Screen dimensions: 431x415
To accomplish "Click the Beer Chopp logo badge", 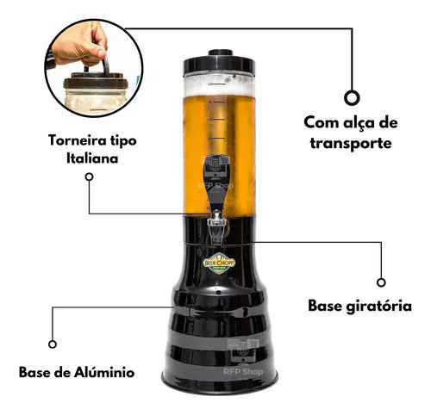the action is click(219, 263).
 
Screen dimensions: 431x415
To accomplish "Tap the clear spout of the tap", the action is click(216, 227).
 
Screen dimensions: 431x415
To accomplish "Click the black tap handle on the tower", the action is click(216, 182).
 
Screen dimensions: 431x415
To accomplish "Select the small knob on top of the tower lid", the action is click(221, 53).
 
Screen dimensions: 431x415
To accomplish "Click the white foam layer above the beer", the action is click(219, 85).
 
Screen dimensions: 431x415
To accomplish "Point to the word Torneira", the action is click(78, 140).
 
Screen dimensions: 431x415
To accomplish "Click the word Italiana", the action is click(92, 158).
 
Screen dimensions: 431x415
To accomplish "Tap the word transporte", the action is click(351, 143).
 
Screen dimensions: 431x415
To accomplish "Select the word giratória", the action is click(378, 306).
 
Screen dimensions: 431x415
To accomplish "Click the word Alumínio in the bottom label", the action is click(104, 372).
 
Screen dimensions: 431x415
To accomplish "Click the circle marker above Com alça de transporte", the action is click(352, 98).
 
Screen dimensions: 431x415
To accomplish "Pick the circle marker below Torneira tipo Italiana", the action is click(89, 177).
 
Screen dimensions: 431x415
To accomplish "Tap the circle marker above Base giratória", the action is click(381, 282).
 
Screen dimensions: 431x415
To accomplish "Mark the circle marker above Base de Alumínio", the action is click(53, 344).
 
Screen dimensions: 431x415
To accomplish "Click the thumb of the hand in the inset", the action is click(99, 46).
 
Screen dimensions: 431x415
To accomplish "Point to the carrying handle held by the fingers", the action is click(105, 65).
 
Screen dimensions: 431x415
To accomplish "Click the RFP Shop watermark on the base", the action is click(243, 372).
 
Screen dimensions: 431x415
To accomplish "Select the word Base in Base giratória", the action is click(325, 306).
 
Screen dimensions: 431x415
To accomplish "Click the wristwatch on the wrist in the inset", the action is click(50, 59).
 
